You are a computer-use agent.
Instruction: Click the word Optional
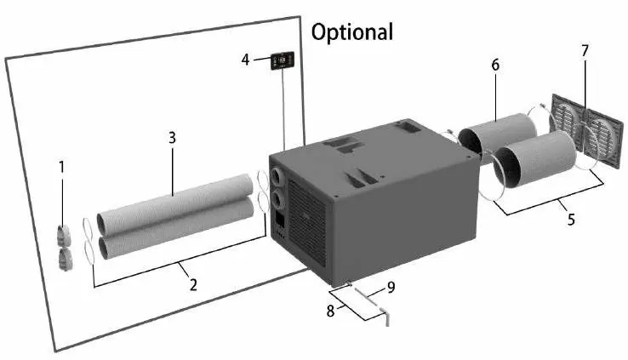(x=352, y=32)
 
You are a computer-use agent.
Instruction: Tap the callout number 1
(x=61, y=168)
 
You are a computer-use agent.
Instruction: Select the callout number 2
(x=193, y=285)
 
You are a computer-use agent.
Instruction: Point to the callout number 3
(x=172, y=138)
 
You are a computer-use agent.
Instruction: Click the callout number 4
(x=246, y=60)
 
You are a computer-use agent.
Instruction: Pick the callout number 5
(x=571, y=219)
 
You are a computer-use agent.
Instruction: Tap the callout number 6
(x=495, y=65)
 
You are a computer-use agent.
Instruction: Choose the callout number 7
(x=585, y=51)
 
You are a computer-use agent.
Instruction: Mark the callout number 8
(x=330, y=311)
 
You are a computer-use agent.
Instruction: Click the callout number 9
(x=391, y=287)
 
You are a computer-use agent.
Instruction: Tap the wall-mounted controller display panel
(x=283, y=60)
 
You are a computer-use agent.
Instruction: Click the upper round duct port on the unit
(x=277, y=176)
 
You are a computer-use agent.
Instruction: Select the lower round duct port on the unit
(x=277, y=199)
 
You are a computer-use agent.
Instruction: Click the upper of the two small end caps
(x=64, y=235)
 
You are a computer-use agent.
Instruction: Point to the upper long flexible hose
(x=175, y=204)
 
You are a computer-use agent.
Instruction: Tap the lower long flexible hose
(x=175, y=228)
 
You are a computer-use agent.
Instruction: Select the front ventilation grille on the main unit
(x=307, y=222)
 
